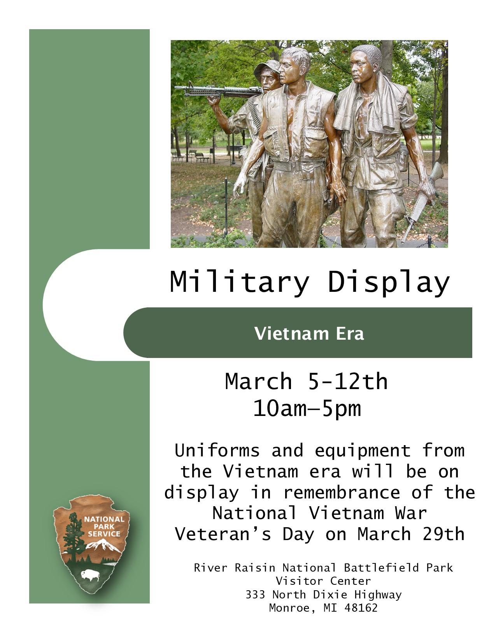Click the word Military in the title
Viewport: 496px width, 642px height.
pos(240,282)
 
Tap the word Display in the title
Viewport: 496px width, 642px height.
pos(389,282)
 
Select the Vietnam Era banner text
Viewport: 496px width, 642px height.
pos(309,333)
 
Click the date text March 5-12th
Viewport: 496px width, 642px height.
pos(306,381)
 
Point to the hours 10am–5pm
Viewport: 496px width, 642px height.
pos(307,409)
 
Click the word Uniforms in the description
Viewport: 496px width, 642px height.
pos(217,451)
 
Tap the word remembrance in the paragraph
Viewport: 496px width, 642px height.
pos(341,492)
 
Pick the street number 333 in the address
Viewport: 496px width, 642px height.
pos(255,595)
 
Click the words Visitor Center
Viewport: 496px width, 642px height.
pos(323,581)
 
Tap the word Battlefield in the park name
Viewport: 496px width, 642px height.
pos(381,568)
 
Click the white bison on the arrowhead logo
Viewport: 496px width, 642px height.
pos(90,575)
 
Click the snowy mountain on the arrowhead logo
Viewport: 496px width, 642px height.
pos(103,546)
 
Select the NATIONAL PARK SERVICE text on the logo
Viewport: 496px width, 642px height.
pos(104,526)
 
